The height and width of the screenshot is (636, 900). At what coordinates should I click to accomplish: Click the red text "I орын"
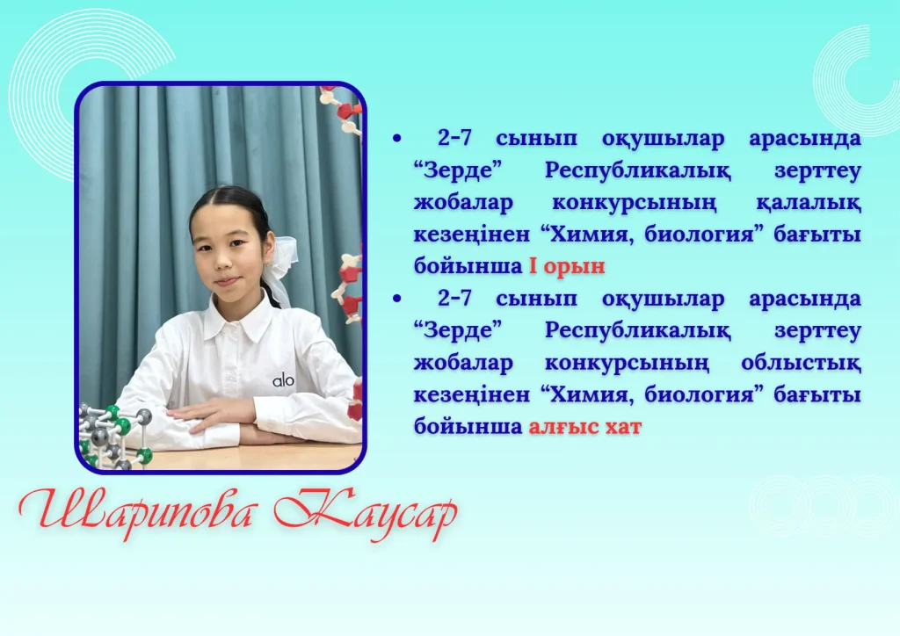[567, 266]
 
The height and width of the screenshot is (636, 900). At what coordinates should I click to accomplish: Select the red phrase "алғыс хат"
[584, 426]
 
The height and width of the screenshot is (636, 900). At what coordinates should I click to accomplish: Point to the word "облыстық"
[801, 363]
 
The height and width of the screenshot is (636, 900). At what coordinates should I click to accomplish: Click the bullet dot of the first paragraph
[397, 138]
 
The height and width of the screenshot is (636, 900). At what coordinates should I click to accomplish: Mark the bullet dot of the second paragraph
[397, 298]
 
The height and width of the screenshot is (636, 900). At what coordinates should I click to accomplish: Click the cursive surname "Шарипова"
[136, 510]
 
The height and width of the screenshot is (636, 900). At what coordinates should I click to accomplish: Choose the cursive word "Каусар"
[366, 513]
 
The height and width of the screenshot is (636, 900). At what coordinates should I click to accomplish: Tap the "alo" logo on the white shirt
[283, 379]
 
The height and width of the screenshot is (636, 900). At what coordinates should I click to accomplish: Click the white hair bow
[282, 270]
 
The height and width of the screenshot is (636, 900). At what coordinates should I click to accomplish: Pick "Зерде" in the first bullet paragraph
[458, 171]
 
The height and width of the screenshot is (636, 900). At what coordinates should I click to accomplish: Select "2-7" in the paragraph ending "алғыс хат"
[454, 298]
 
